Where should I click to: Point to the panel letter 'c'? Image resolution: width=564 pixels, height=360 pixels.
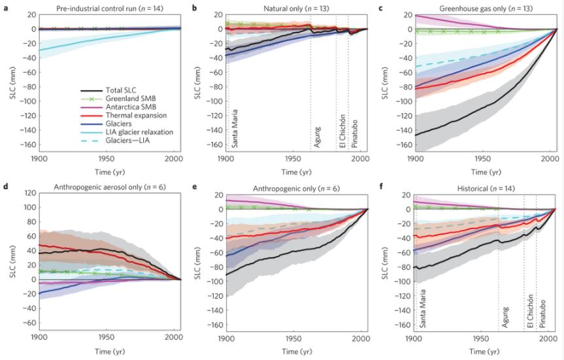(x=388, y=6)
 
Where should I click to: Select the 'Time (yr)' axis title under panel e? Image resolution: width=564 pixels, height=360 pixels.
(x=296, y=350)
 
